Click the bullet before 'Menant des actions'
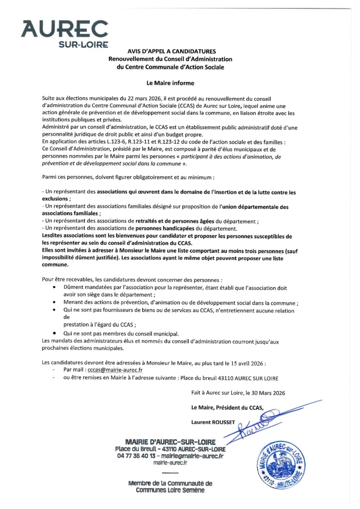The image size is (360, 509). point(55,303)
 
